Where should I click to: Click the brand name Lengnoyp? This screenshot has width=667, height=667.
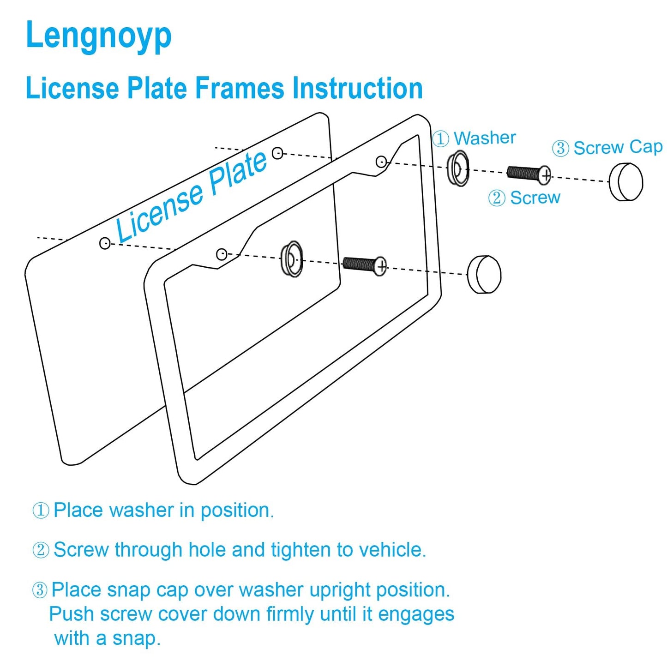[98, 36]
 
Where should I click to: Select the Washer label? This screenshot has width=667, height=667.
[484, 138]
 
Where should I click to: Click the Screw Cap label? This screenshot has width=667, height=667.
[618, 148]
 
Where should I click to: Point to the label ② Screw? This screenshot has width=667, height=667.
[524, 198]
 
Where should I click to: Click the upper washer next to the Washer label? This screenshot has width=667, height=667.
[457, 168]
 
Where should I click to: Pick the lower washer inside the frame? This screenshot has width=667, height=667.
[292, 259]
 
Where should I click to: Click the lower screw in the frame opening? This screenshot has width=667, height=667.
[364, 265]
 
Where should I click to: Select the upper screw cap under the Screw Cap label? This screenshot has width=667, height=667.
[625, 181]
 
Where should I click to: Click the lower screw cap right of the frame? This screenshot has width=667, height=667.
[484, 274]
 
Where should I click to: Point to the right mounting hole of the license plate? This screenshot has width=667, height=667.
[277, 153]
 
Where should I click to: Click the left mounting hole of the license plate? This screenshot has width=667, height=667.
[105, 243]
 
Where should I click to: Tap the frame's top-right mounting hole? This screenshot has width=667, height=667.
[381, 162]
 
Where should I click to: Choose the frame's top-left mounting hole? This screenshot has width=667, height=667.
[222, 254]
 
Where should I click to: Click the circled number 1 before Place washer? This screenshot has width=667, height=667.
[41, 511]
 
